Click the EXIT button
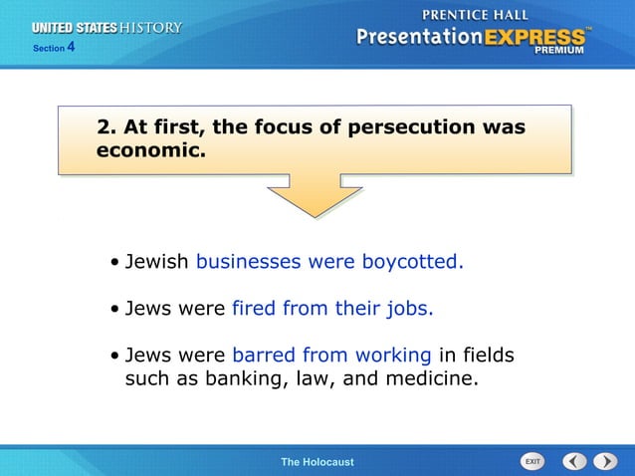(533, 461)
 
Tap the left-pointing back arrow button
(574, 461)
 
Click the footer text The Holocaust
(317, 462)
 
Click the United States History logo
(108, 28)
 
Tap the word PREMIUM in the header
(564, 49)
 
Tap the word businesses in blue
(248, 262)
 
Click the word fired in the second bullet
(254, 308)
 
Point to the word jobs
(411, 309)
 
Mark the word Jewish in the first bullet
(157, 262)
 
